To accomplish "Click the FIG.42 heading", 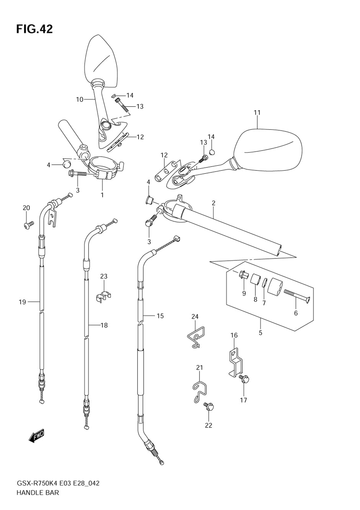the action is pyautogui.click(x=35, y=29).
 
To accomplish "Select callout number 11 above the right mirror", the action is pyautogui.click(x=257, y=112).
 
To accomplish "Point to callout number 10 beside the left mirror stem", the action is pyautogui.click(x=80, y=99).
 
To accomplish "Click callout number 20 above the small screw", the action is pyautogui.click(x=26, y=208).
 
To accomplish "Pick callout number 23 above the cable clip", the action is pyautogui.click(x=104, y=276).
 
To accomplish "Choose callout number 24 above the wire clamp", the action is pyautogui.click(x=195, y=316).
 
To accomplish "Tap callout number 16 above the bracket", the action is pyautogui.click(x=234, y=335).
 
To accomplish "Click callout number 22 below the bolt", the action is pyautogui.click(x=208, y=425).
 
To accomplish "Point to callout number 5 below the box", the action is pyautogui.click(x=261, y=333).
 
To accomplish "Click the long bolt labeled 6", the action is pyautogui.click(x=297, y=296).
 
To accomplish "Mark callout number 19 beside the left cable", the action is pyautogui.click(x=22, y=302).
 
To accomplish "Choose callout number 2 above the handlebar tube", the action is pyautogui.click(x=213, y=203).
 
